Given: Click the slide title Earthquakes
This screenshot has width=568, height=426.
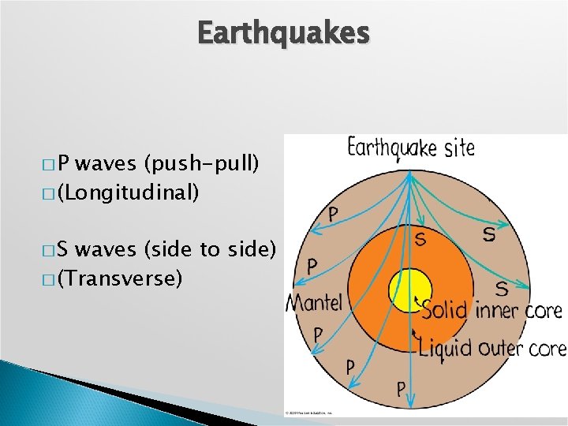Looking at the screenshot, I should click(x=283, y=33).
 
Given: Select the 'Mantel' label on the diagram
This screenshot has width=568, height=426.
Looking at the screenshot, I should click(x=314, y=302).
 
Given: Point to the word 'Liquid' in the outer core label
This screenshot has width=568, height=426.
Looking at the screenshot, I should click(x=447, y=347).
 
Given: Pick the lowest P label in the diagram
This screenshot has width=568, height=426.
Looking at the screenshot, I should click(x=401, y=388).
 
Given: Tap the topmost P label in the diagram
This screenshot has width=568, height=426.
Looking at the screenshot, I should click(x=334, y=213).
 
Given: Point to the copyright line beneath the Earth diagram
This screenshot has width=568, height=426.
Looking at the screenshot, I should click(x=308, y=413).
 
